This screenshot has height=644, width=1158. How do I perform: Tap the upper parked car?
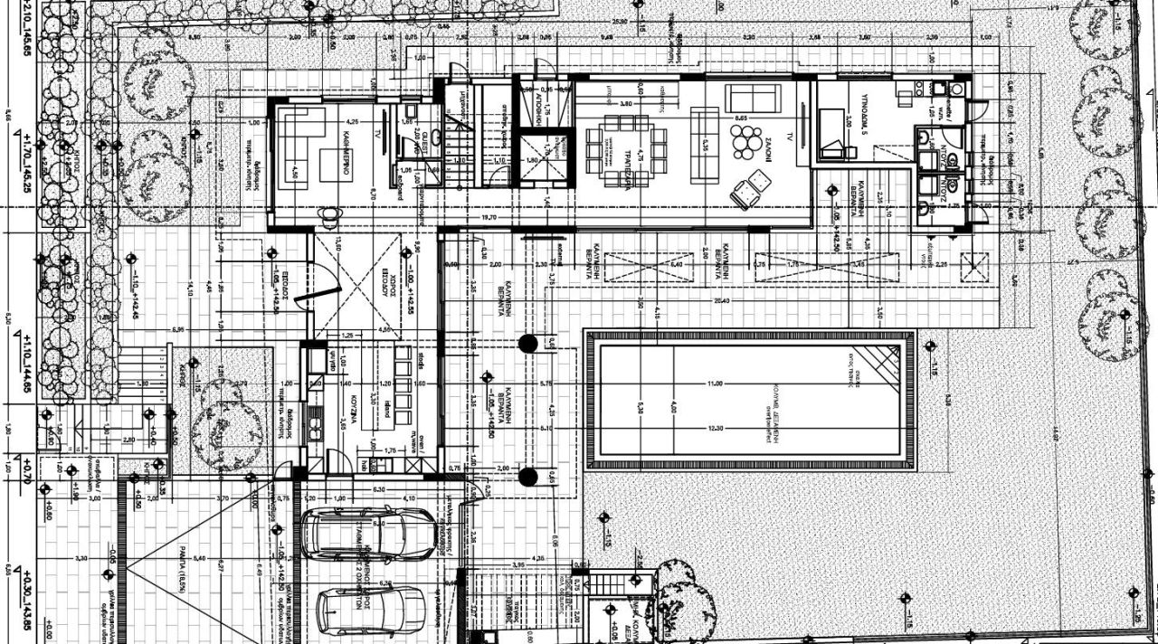[368, 533]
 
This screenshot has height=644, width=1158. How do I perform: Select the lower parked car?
[370, 611]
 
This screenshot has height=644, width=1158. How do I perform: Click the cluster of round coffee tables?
[747, 142]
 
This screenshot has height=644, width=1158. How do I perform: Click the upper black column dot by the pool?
[528, 343]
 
